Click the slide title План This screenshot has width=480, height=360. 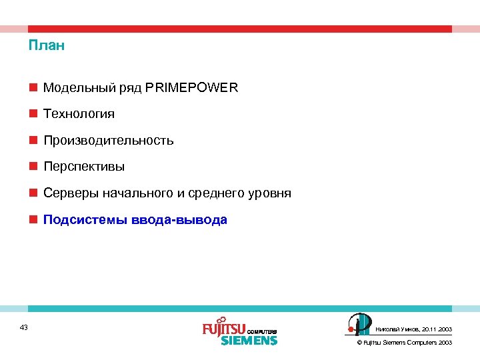point(47,47)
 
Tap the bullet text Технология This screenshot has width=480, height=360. point(79,114)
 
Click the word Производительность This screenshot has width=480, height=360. point(109,141)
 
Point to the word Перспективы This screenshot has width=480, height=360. point(84,167)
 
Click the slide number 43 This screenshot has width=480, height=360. point(24,327)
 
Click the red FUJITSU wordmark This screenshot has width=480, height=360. point(224,328)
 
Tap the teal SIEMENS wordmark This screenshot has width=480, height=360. point(249,341)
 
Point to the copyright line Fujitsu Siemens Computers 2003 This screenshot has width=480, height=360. point(405,343)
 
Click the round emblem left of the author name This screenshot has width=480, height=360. point(357,324)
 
